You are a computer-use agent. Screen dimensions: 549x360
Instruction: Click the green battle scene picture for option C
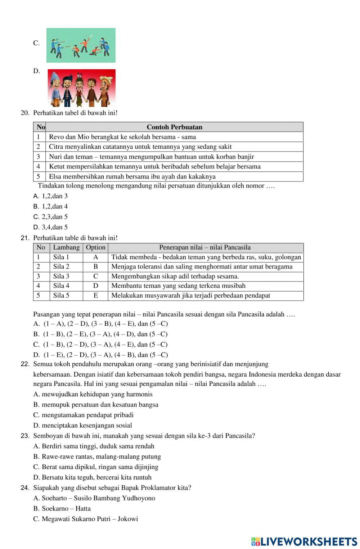point(81,45)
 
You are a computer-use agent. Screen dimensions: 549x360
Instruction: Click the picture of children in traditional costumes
point(81,88)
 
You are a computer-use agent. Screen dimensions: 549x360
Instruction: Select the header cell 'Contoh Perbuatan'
point(174,127)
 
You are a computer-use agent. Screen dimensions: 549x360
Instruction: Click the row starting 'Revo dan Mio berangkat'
point(122,137)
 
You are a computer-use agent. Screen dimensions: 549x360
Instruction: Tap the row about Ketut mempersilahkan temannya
point(155,166)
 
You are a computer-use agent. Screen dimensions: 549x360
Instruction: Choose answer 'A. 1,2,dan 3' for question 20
point(51,196)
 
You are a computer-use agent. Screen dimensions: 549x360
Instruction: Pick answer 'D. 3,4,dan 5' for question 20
point(51,227)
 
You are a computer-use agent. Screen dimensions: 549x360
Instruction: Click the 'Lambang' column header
point(66,247)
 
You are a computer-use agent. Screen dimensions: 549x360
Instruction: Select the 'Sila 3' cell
point(61,276)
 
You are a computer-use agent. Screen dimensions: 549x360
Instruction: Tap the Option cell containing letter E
point(95,296)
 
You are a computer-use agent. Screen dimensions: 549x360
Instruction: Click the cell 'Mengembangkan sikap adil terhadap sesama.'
point(175,276)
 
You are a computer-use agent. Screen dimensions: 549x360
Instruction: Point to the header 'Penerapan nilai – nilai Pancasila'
point(205,247)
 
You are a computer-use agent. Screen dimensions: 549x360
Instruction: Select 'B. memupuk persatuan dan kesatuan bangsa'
point(96,405)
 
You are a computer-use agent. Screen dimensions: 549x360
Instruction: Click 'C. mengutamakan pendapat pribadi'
point(84,415)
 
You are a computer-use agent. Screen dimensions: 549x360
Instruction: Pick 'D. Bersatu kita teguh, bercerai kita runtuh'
point(93,477)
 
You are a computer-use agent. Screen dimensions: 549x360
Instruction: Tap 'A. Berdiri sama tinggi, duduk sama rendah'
point(94,446)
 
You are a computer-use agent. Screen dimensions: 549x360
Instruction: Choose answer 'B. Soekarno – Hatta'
point(62,509)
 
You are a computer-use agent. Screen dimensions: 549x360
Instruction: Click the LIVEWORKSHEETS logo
point(304,541)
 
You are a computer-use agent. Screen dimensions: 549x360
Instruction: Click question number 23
point(25,436)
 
